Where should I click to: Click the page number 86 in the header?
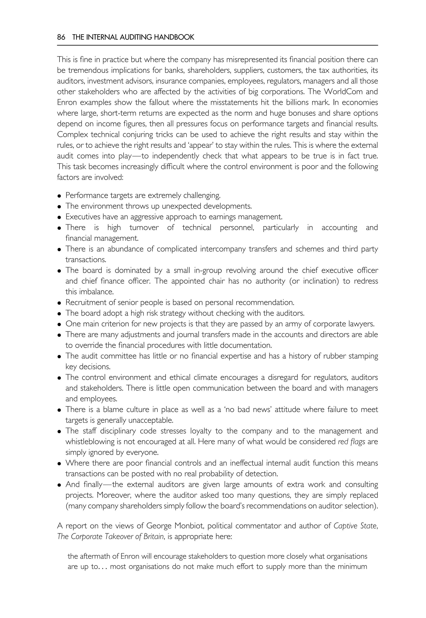click(61, 37)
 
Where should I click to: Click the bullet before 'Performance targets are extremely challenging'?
click(59, 196)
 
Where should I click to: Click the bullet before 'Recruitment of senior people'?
click(59, 303)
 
